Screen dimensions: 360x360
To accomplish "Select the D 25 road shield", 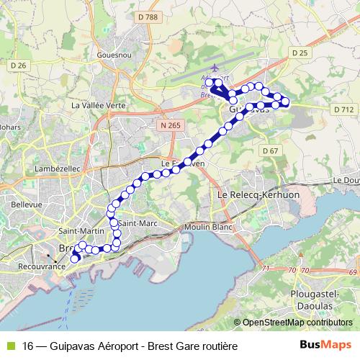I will [300, 53].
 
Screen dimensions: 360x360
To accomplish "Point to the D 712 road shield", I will [343, 109].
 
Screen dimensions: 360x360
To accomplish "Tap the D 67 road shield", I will [270, 150].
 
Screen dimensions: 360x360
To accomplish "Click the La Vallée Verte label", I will [99, 105].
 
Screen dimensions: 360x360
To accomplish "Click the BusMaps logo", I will [325, 346].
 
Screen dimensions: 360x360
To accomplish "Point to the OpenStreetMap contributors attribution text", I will [297, 323].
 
